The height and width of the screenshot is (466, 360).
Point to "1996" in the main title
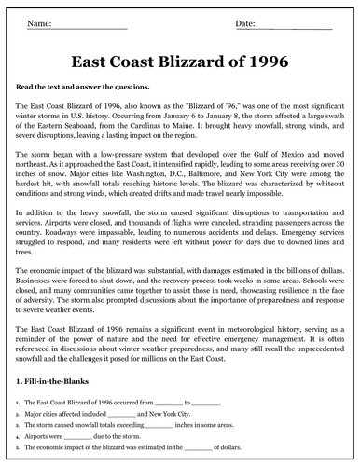coord(266,62)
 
